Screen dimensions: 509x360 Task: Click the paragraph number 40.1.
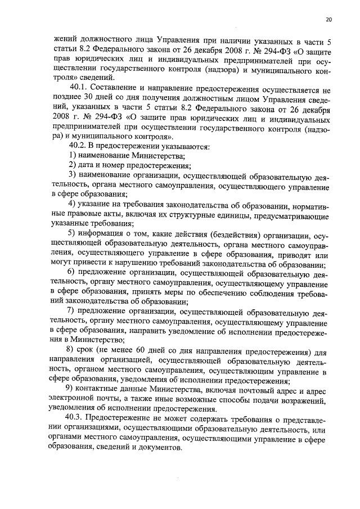tap(79, 88)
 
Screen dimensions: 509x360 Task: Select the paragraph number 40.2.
tap(76, 146)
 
